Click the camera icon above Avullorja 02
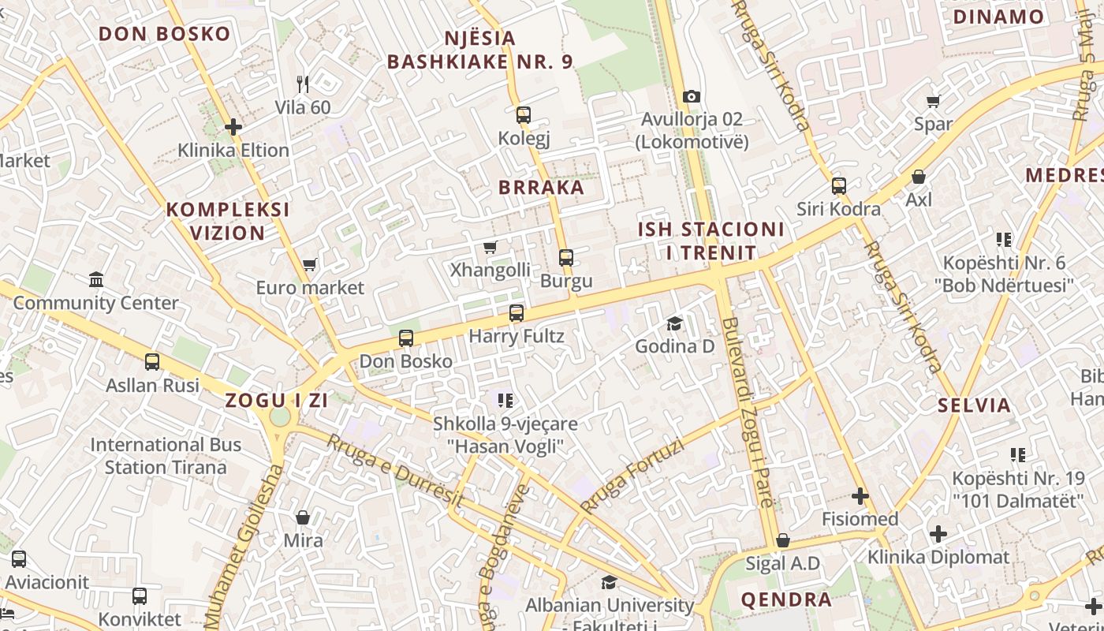coord(692,96)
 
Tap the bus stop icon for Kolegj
coord(523,115)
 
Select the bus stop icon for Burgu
coord(565,257)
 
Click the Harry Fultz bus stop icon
coord(516,313)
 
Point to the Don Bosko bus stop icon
coord(405,338)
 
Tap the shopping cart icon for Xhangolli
coord(490,247)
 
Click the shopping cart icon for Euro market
coord(309,265)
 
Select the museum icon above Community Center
coord(96,279)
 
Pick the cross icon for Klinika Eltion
coord(233,126)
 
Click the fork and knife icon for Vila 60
coord(303,84)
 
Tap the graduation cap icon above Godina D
coord(674,323)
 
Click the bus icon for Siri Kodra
coord(838,186)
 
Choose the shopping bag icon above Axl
coord(918,177)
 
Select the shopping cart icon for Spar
coord(933,101)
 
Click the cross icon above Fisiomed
coord(860,496)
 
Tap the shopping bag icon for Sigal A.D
coord(782,540)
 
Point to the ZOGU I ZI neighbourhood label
coord(276,400)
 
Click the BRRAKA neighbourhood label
coord(541,188)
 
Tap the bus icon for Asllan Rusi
coord(152,362)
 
